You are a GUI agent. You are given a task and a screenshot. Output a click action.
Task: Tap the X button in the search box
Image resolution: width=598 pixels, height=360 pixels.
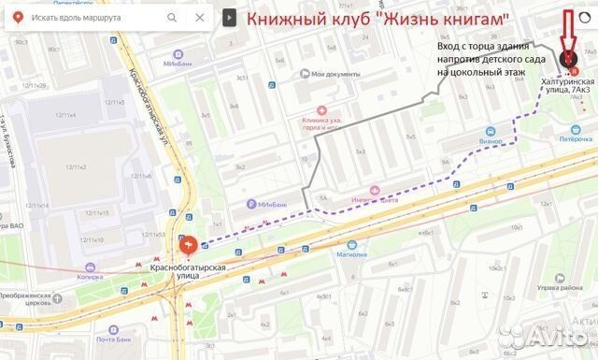point(197,18)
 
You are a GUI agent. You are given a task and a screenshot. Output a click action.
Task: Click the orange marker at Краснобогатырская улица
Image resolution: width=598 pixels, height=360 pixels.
point(188,245)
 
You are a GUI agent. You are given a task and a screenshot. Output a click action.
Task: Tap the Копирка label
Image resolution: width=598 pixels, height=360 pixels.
point(90,277)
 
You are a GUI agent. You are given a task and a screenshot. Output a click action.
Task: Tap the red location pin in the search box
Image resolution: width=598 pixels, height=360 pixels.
point(17,18)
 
